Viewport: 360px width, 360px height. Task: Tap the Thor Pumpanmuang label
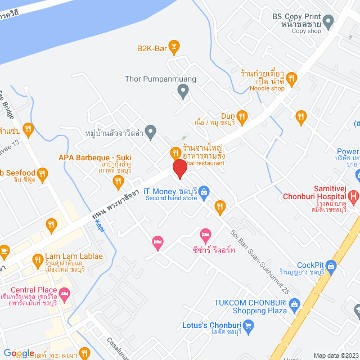coord(161,79)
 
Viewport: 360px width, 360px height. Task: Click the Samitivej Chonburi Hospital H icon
coord(353,196)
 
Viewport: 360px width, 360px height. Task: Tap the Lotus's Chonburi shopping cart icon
coord(249,325)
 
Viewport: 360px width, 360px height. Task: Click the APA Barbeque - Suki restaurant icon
coord(118,181)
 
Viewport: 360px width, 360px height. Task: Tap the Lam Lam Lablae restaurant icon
coord(38,260)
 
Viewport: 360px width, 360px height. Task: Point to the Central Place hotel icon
coord(65,293)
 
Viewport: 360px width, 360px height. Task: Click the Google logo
coord(18,353)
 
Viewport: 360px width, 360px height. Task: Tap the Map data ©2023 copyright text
coord(336,355)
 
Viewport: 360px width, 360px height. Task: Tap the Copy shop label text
coord(307,31)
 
